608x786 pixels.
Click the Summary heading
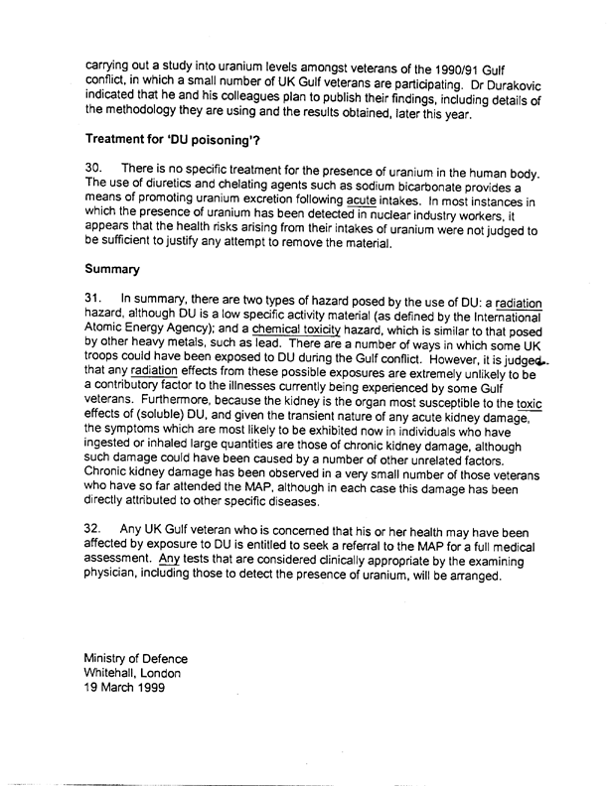[111, 269]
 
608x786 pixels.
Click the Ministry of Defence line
[135, 658]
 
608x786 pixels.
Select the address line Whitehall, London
[133, 674]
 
